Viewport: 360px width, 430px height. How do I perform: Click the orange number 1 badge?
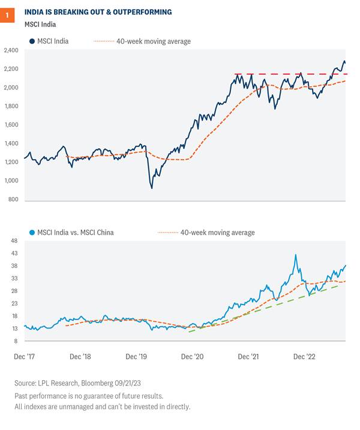click(7, 11)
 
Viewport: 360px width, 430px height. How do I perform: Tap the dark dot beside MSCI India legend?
click(31, 41)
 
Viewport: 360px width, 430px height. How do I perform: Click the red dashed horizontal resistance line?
click(288, 74)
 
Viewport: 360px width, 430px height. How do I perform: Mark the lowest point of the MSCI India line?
click(151, 189)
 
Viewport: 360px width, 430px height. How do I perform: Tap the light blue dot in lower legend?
click(31, 232)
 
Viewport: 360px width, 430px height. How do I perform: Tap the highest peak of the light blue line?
click(295, 255)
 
